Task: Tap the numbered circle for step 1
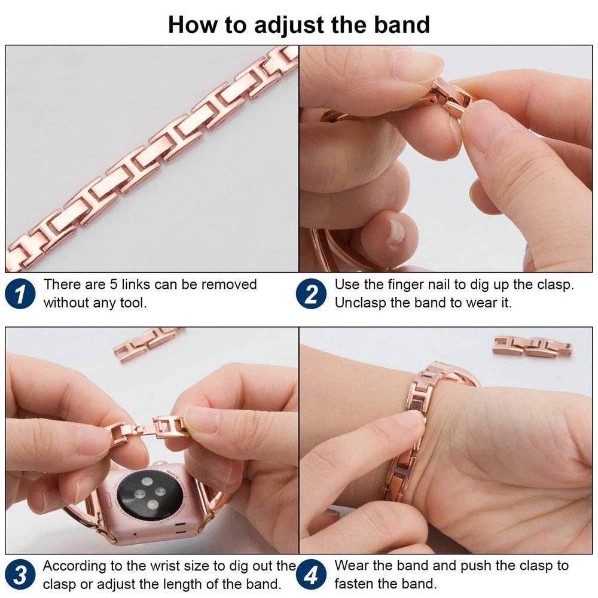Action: (x=20, y=294)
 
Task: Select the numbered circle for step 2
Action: (x=311, y=294)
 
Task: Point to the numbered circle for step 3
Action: (x=20, y=574)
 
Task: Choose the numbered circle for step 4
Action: (x=311, y=574)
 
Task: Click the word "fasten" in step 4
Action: (x=352, y=584)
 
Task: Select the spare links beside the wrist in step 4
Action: (x=533, y=346)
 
